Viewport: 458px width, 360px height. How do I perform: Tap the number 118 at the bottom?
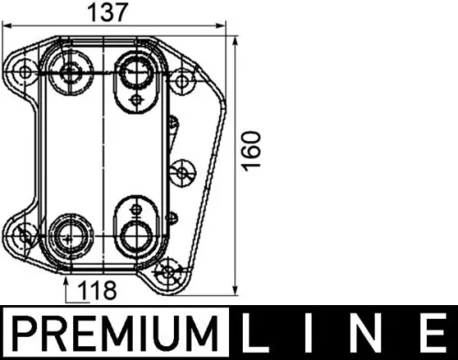point(99,291)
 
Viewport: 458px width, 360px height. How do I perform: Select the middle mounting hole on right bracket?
point(183,171)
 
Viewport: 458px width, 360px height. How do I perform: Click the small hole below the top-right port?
point(136,98)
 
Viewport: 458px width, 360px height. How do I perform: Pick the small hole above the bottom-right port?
point(136,202)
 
